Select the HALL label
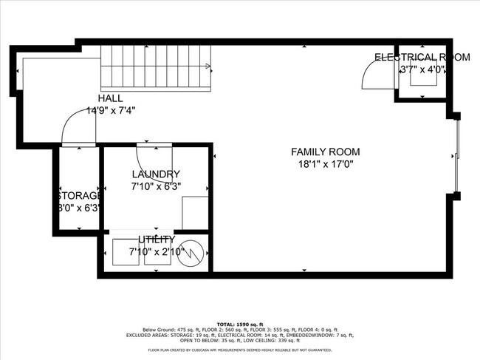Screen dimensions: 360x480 110,98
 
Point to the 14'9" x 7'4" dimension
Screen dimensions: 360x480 111,110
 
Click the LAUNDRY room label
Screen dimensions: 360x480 156,174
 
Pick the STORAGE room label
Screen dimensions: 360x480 78,195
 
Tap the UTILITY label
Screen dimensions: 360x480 156,240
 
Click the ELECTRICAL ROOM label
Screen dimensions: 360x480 422,57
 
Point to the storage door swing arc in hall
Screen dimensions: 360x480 76,127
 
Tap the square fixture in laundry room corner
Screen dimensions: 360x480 196,214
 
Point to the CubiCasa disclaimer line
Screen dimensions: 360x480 239,350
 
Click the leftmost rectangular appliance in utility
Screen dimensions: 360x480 125,252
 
